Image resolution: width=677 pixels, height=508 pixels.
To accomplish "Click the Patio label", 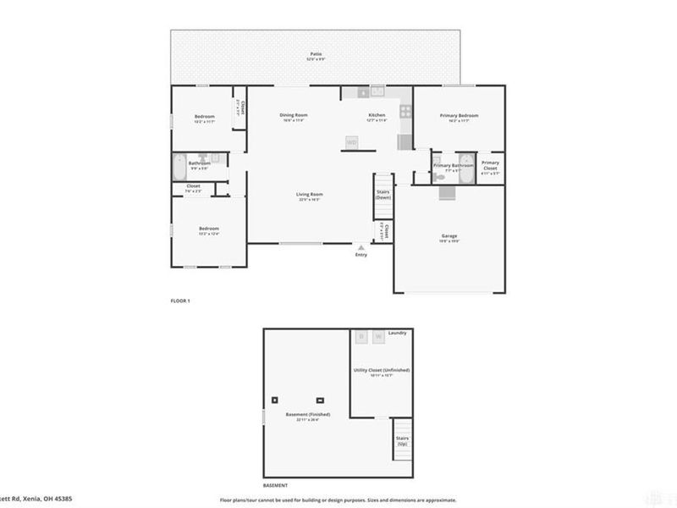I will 316,54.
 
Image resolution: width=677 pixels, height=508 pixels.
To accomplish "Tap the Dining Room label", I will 294,115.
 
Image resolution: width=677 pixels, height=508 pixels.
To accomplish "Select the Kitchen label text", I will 377,115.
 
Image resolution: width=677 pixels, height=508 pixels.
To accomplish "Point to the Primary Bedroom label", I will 459,115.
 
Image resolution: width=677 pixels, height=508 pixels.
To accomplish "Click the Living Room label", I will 310,195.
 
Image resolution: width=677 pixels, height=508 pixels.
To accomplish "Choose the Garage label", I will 449,235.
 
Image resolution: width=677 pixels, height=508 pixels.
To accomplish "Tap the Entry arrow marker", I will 361,247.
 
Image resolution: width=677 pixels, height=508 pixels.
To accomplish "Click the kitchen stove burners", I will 405,110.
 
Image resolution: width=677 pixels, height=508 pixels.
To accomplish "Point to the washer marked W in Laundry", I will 377,336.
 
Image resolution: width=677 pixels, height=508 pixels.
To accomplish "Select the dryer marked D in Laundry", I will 361,336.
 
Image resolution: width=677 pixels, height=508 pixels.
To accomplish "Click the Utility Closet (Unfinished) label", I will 382,371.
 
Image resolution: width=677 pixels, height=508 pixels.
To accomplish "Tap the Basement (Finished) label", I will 307,414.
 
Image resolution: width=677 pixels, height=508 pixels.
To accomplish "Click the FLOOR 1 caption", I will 180,301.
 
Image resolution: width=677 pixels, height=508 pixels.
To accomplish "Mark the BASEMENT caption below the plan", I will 275,485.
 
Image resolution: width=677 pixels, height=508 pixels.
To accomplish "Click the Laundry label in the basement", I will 398,334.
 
